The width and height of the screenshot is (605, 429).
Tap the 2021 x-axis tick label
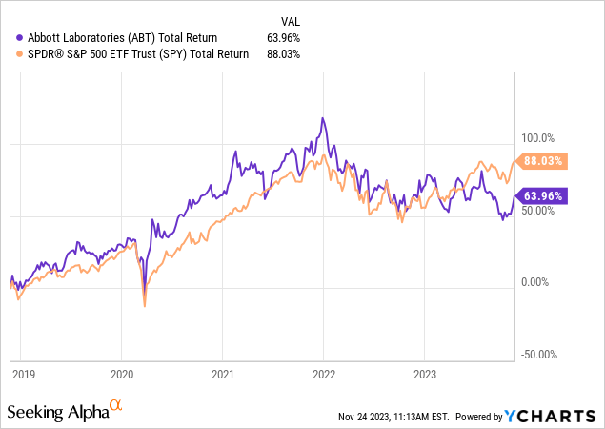click(223, 375)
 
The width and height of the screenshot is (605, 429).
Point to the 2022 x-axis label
click(323, 375)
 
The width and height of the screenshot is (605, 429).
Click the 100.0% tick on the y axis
click(534, 137)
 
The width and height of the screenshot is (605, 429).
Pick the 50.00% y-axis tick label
click(534, 210)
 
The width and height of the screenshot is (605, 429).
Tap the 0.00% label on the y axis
click(534, 282)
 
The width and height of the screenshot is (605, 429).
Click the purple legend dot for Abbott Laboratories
click(9, 37)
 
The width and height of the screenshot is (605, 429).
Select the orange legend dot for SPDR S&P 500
click(9, 54)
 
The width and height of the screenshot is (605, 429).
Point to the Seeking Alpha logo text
click(57, 411)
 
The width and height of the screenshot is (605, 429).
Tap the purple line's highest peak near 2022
click(324, 118)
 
